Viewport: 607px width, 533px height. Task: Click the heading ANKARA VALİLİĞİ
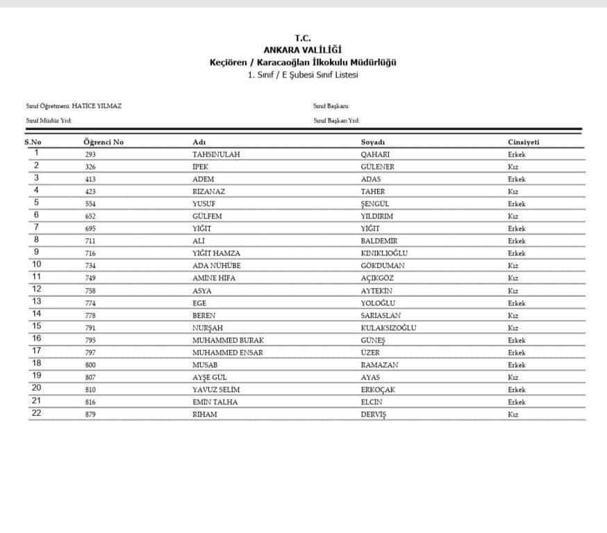[303, 50]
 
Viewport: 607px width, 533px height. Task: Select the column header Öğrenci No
[103, 142]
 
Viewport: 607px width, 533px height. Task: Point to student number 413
[90, 180]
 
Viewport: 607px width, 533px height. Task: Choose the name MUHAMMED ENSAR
[227, 353]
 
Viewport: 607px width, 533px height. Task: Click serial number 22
[36, 414]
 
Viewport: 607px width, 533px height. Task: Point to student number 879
[90, 414]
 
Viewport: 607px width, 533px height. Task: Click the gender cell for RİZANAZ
[513, 192]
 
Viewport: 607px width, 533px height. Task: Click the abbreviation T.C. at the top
[303, 39]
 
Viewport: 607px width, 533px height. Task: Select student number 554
[90, 204]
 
